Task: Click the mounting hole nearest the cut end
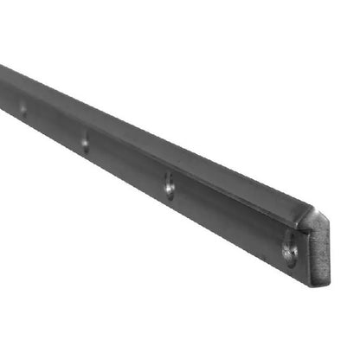pos(290,251)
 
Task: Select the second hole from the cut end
pos(169,183)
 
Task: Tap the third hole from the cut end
pos(85,140)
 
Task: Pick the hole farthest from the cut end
pos(22,109)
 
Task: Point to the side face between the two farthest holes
pos(54,125)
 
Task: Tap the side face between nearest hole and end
pos(300,260)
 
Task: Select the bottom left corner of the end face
pos(306,275)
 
